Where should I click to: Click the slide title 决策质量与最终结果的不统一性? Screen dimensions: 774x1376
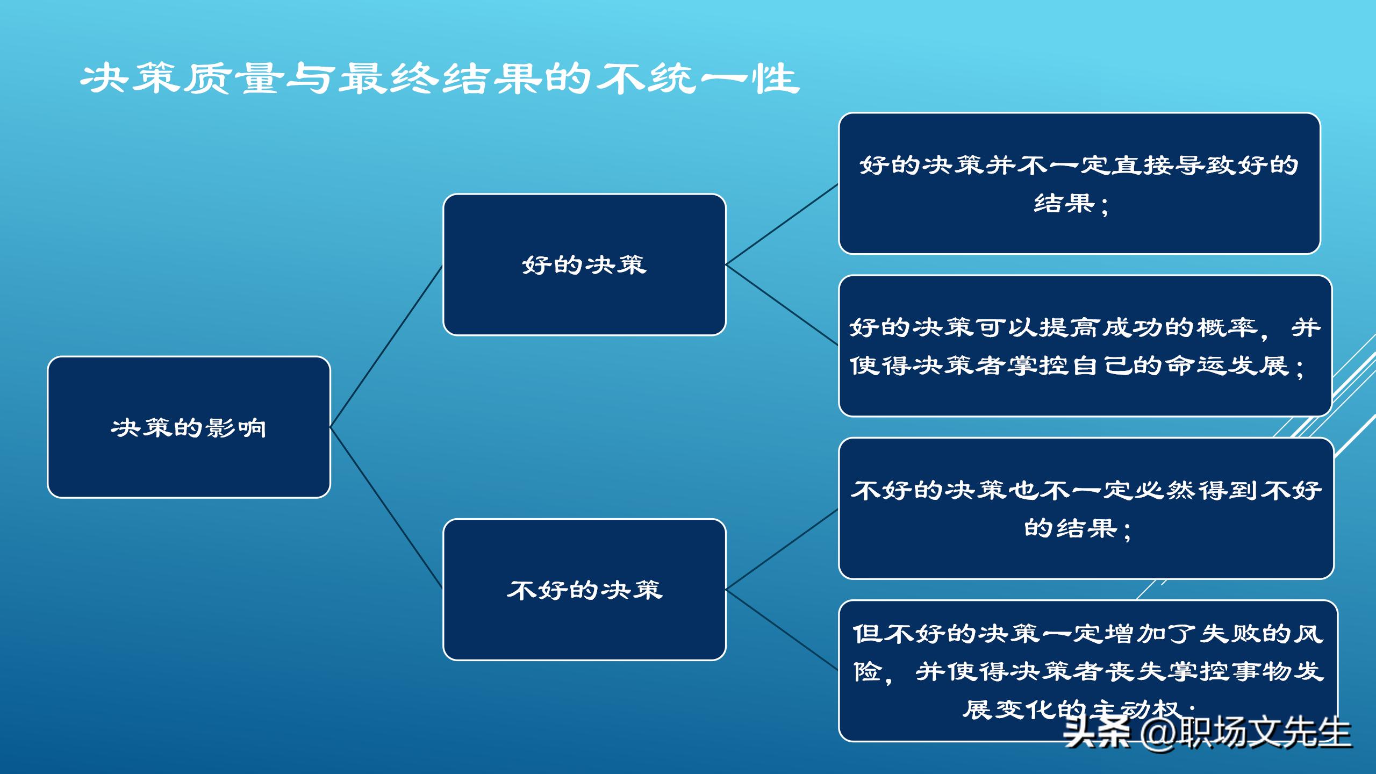pyautogui.click(x=440, y=80)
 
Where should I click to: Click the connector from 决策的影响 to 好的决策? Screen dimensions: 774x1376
pyautogui.click(x=386, y=346)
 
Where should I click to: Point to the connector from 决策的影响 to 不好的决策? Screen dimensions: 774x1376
pyautogui.click(x=386, y=508)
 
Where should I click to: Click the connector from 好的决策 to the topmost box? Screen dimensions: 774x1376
pyautogui.click(x=782, y=224)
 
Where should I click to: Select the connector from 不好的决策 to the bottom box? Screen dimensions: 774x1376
pyautogui.click(x=782, y=629)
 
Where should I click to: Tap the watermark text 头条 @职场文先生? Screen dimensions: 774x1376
pyautogui.click(x=1207, y=732)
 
